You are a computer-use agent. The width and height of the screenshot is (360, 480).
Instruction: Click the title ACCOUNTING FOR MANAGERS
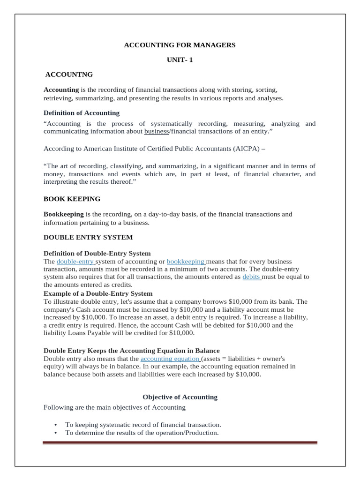click(x=180, y=45)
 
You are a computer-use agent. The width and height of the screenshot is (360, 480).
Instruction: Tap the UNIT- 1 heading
click(x=180, y=60)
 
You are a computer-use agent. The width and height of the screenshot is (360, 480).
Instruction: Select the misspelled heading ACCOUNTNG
click(x=69, y=75)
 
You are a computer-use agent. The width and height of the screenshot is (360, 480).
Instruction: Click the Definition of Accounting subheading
click(x=82, y=113)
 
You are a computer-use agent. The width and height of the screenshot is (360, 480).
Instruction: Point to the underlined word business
click(x=156, y=132)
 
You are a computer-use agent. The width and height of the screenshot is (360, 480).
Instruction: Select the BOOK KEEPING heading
click(x=72, y=199)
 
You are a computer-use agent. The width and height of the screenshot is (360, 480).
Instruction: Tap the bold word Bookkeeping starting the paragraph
click(x=64, y=214)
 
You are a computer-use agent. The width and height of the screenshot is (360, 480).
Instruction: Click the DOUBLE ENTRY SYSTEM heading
click(x=88, y=237)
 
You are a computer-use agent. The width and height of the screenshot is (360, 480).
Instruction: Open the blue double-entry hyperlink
click(x=75, y=262)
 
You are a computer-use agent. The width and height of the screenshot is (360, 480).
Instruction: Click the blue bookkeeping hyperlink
click(x=186, y=262)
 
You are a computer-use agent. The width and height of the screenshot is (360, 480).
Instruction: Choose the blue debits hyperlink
click(x=251, y=277)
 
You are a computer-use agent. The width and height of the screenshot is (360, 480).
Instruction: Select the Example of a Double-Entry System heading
click(x=98, y=294)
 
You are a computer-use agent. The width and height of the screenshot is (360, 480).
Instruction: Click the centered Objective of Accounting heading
click(x=180, y=397)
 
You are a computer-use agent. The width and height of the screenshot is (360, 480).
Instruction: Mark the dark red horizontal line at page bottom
click(x=180, y=442)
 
